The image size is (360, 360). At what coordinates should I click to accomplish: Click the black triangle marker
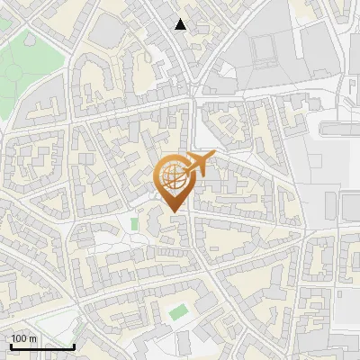[x=181, y=24]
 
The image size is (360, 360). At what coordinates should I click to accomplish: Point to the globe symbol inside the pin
[x=171, y=177]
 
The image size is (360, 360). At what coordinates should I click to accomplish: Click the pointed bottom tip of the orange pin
[x=173, y=212]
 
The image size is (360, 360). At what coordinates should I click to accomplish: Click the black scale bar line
[x=42, y=346]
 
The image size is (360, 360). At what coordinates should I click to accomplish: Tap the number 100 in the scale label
[x=19, y=338]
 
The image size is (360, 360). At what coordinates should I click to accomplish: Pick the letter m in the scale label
[x=32, y=338]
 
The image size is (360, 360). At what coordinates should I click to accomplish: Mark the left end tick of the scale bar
[x=11, y=345]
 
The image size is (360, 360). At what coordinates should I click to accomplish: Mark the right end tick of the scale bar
[x=74, y=345]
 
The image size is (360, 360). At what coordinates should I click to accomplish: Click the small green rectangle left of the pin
[x=135, y=223]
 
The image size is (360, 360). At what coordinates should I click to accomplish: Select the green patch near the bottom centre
[x=179, y=311]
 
